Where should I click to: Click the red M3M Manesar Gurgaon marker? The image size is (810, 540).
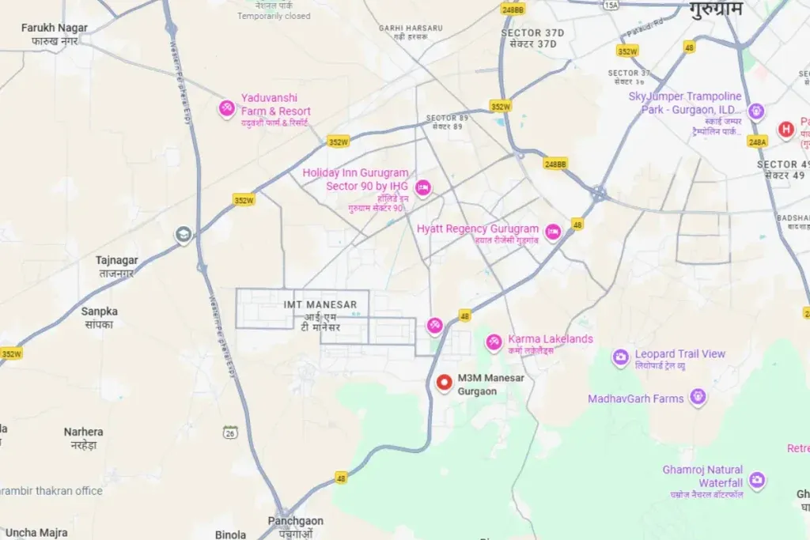click(445, 383)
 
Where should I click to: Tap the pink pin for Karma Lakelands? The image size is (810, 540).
click(494, 341)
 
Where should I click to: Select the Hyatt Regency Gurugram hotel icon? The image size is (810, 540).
click(553, 230)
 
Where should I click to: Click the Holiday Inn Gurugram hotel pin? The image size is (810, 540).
click(423, 187)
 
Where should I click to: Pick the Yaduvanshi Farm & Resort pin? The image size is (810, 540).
click(227, 108)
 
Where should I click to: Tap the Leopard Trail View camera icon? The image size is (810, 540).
click(621, 357)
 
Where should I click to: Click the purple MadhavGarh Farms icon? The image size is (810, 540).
click(697, 396)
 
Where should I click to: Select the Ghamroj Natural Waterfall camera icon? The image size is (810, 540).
click(757, 478)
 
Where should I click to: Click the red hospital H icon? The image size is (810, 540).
click(785, 128)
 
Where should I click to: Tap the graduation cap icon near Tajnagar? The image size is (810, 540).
click(184, 234)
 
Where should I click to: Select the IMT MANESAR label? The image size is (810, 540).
click(320, 304)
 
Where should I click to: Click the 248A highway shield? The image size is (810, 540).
click(757, 142)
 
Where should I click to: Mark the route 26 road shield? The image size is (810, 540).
click(230, 432)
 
